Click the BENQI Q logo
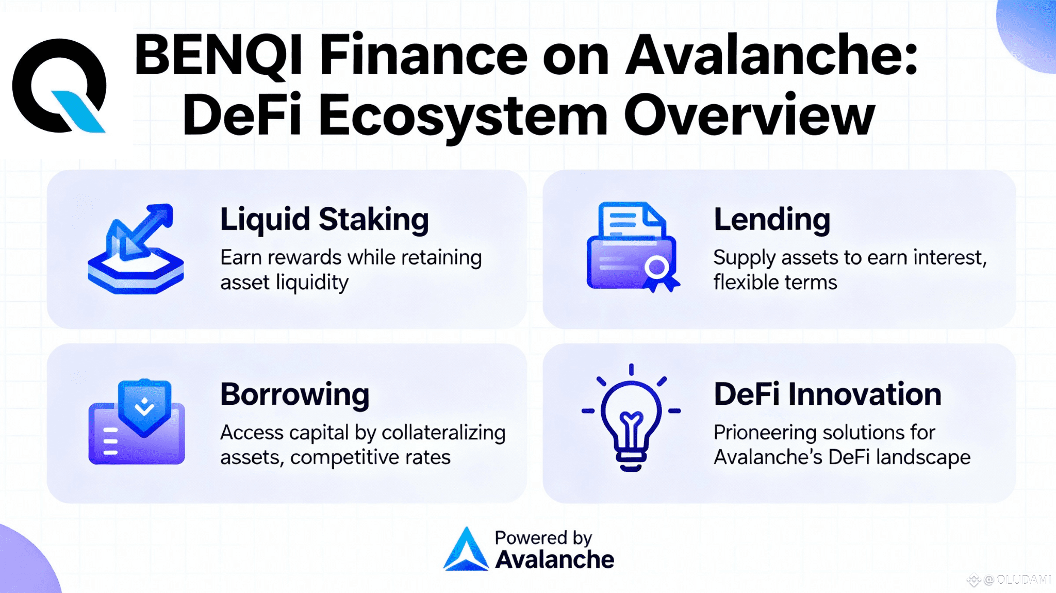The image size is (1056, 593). click(x=59, y=86)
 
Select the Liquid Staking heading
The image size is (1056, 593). click(x=324, y=220)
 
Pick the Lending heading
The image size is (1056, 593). click(x=772, y=220)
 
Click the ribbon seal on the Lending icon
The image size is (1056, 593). click(x=658, y=272)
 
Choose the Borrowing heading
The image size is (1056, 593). click(x=294, y=394)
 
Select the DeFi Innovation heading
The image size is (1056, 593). click(x=828, y=394)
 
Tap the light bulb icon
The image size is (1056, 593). click(x=631, y=418)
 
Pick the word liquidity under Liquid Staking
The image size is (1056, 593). click(x=312, y=283)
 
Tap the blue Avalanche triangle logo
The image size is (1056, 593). click(x=466, y=550)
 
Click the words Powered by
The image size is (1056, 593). click(x=543, y=538)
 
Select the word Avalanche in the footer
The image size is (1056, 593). click(x=555, y=560)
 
